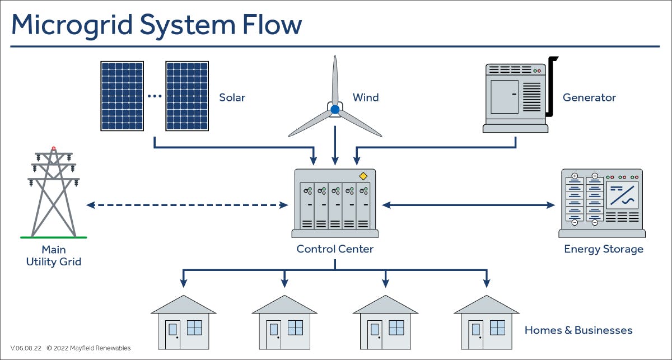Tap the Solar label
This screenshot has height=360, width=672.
point(232,97)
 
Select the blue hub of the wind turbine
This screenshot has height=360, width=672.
point(335,109)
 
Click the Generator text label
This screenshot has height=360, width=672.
point(589,97)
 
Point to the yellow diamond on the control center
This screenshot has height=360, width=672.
point(363,176)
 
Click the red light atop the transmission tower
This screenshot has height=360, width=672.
point(54,149)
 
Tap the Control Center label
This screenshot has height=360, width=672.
point(335,249)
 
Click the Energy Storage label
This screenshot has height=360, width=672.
point(604,249)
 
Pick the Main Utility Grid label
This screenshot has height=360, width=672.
point(54,255)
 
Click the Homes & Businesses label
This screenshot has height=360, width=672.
point(578,330)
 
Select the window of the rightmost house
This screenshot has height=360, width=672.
point(497,328)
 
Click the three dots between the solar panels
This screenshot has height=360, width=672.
point(155,96)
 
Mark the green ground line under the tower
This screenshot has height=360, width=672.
point(54,237)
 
